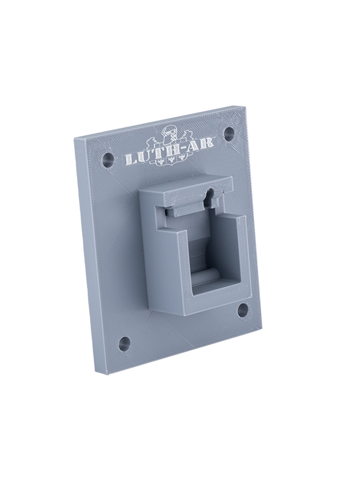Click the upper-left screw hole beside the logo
pos(108,160)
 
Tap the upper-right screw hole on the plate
pos(229,134)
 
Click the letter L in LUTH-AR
pos(131,159)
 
